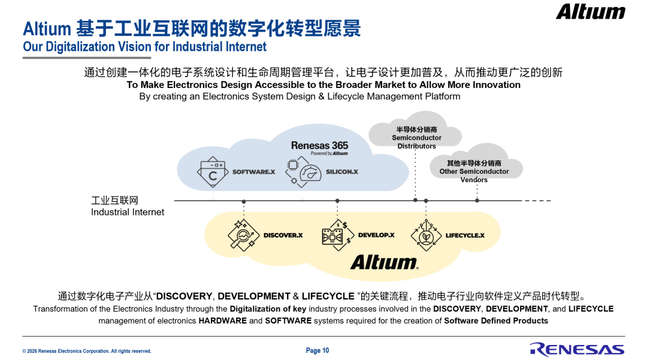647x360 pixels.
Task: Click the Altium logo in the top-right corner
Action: [x=591, y=11]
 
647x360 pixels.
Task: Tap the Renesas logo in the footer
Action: [x=578, y=349]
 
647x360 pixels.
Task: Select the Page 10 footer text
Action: [x=318, y=350]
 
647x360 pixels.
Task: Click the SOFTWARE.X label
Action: [x=253, y=171]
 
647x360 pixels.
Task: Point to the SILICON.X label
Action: [x=342, y=171]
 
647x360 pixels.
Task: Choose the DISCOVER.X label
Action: [x=283, y=235]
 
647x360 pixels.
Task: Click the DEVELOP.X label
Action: [x=376, y=235]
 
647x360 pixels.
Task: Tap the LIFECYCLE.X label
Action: [x=465, y=235]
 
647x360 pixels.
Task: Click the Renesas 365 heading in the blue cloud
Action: [x=319, y=146]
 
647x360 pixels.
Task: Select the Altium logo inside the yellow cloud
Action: [x=385, y=262]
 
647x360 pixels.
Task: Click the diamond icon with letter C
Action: [x=213, y=171]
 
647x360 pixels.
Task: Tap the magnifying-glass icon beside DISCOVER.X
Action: [x=243, y=235]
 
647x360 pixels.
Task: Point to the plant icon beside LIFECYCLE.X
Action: [x=427, y=235]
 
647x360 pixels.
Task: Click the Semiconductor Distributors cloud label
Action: [x=417, y=138]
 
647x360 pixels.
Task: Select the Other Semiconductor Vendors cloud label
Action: [x=474, y=171]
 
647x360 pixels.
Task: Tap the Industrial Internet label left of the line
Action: [x=128, y=206]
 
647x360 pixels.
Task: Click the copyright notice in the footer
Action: [x=87, y=352]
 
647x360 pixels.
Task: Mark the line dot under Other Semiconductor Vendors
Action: [x=477, y=201]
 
